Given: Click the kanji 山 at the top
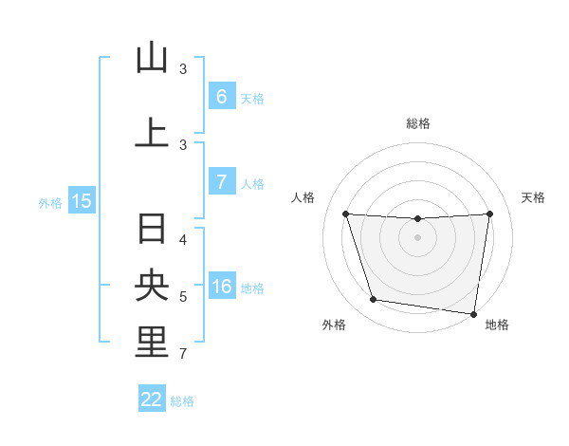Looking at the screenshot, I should point(152,58).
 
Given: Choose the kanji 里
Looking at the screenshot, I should point(152,343).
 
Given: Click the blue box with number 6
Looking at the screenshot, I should point(221,96).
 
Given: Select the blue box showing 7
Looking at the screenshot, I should point(221,182).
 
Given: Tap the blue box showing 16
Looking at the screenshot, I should point(221,288).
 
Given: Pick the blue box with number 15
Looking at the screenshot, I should point(81,200).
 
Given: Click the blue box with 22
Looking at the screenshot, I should point(152,400).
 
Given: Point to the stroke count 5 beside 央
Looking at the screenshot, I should point(183,297).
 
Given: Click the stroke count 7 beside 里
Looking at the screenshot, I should point(183,354).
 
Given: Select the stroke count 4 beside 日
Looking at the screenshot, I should point(183,239).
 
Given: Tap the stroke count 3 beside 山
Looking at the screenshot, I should point(183,69).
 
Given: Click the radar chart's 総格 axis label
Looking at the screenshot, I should point(418,123).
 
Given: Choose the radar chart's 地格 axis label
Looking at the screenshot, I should point(497,325).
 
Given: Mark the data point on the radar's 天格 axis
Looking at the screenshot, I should point(489,214).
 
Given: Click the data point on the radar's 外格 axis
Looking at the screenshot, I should point(374,300).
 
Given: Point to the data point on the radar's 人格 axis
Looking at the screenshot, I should point(345,214).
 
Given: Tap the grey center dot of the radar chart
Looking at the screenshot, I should point(417,237).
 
